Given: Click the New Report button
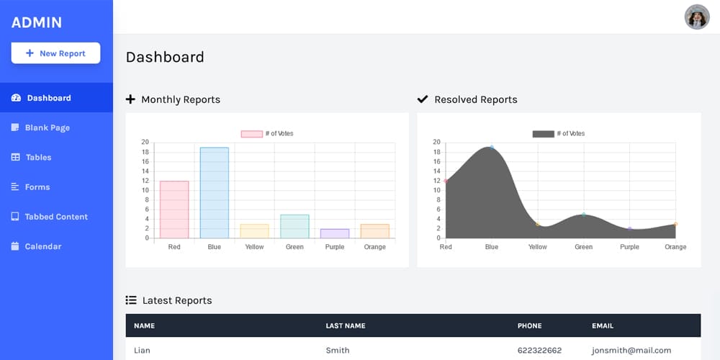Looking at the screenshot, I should [x=55, y=53].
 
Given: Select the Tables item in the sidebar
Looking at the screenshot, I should [x=38, y=157].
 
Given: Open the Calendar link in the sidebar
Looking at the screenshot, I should [x=42, y=246].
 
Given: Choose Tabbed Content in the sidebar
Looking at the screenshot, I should [x=55, y=217].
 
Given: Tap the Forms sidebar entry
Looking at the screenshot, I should [x=37, y=187].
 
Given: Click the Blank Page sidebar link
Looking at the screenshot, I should [x=47, y=127].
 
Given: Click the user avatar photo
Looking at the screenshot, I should [x=697, y=17].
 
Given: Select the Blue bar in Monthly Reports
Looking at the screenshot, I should [x=215, y=193].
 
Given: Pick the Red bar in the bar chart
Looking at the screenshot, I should [x=174, y=210].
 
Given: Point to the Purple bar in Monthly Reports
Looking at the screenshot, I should [x=335, y=233].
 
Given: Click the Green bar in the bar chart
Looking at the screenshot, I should [x=294, y=226].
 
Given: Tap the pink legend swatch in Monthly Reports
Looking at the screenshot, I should [x=251, y=134].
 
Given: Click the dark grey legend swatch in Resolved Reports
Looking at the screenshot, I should [x=543, y=134].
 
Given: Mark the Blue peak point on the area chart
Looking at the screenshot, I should [x=492, y=147].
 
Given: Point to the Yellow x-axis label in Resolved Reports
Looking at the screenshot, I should [x=537, y=247].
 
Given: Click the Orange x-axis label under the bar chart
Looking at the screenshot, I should [x=374, y=247].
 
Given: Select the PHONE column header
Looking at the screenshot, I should [x=529, y=325].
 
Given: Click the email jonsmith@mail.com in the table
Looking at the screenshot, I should [x=631, y=351].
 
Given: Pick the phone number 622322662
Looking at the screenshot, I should [x=539, y=351].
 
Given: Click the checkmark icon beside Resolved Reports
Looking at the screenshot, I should [x=423, y=99].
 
